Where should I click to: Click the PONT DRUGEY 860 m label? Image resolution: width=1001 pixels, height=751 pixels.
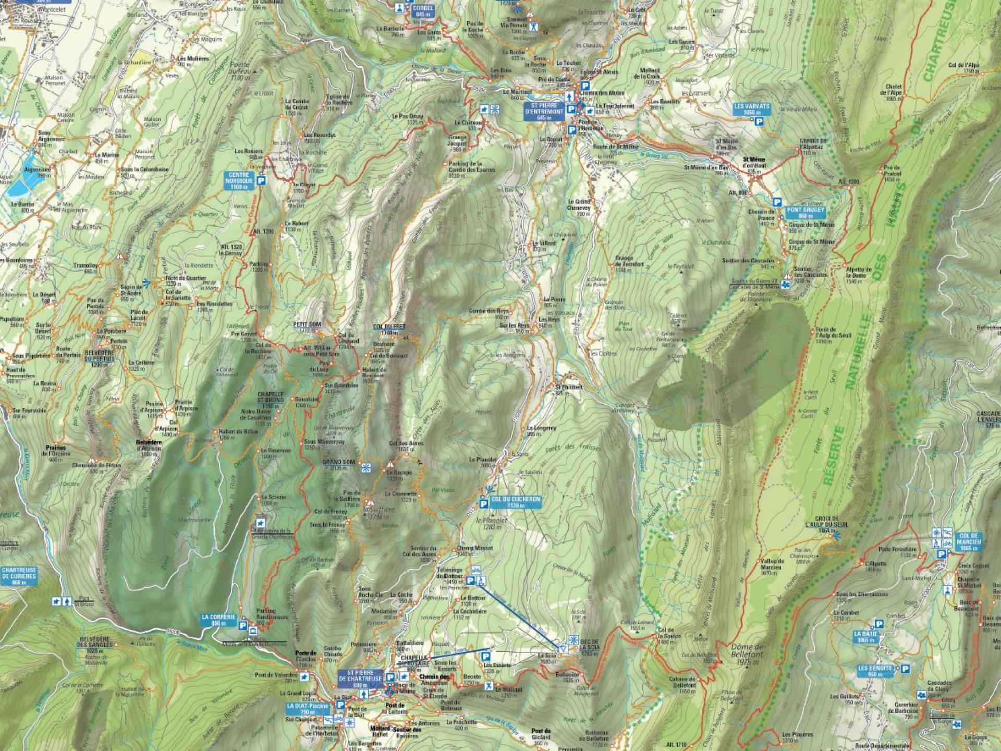click(x=806, y=212)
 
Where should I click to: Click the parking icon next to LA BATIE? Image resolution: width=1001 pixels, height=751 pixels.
click(x=879, y=624)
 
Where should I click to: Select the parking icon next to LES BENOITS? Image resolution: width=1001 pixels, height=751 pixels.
click(x=906, y=669)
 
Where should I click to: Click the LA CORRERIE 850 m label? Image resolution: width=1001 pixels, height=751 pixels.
click(x=219, y=620)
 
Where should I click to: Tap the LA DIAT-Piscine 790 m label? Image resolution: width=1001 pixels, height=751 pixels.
click(x=308, y=708)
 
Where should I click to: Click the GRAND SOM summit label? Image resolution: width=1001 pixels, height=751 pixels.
click(x=339, y=462)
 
